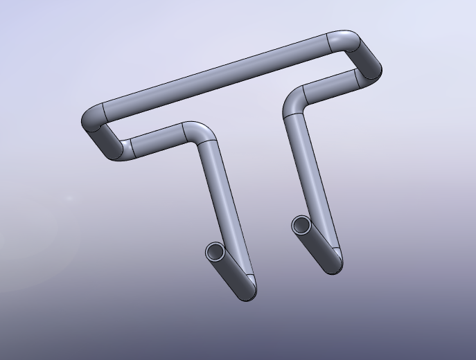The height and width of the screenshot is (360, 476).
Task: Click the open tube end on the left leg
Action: click(215, 252)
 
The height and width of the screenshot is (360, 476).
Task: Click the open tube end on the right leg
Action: click(301, 225)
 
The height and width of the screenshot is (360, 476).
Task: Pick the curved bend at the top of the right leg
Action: click(295, 101)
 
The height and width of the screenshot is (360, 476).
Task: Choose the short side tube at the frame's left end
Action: click(105, 138)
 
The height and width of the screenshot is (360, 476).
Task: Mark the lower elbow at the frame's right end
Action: click(367, 76)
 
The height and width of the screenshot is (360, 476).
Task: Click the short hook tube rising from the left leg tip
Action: click(232, 271)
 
